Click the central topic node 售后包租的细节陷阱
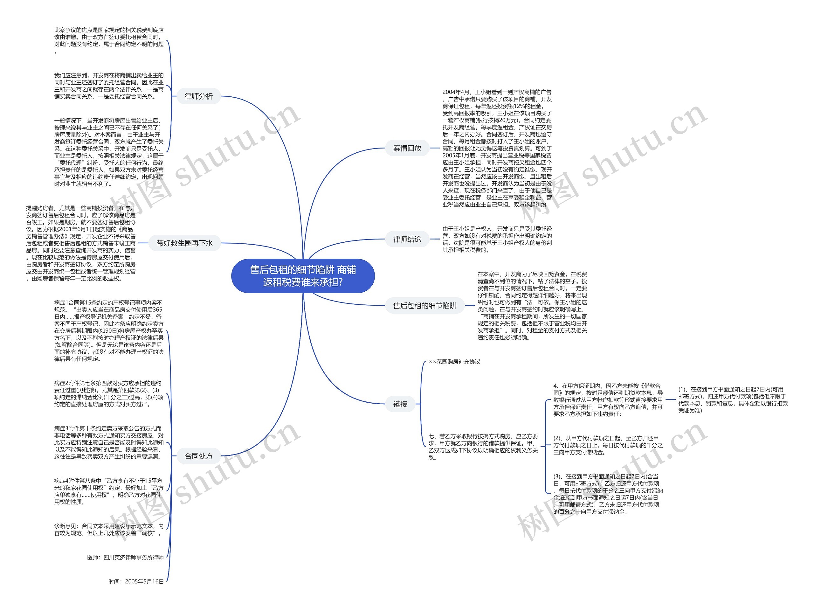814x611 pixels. (302, 276)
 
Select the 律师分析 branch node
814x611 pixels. (198, 96)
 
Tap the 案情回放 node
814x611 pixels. (407, 148)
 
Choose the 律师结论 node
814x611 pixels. (407, 239)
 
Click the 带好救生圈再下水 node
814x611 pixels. (184, 243)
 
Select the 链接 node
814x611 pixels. (400, 404)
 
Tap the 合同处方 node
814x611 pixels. (198, 456)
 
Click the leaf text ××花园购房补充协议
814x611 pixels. (454, 362)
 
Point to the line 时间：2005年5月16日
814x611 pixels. (136, 581)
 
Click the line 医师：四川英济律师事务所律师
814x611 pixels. (125, 557)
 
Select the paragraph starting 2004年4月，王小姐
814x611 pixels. (497, 148)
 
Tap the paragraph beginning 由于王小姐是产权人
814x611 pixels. (497, 239)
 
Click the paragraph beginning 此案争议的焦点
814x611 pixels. (109, 40)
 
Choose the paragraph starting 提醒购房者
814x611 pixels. (80, 243)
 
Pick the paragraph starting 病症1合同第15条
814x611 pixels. (109, 330)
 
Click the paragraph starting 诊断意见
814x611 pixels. (109, 529)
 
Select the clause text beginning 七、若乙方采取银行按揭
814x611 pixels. (483, 447)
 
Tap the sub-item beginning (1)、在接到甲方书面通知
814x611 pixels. (733, 399)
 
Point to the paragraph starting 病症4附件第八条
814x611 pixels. (109, 491)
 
